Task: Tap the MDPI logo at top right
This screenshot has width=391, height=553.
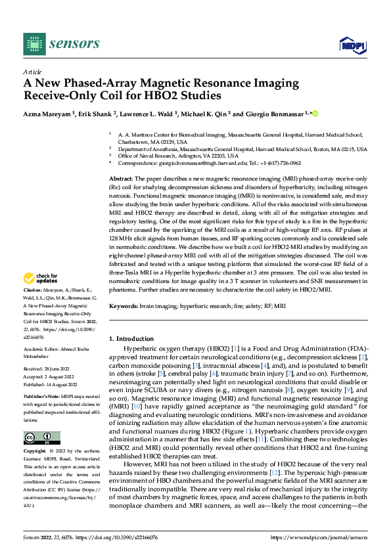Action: [x=352, y=45]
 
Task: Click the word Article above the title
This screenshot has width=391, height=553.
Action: [x=32, y=72]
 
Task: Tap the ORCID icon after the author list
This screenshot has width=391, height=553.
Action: [x=314, y=113]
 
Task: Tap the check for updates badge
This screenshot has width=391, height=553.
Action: [x=41, y=296]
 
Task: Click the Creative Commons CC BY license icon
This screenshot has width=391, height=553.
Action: [x=41, y=437]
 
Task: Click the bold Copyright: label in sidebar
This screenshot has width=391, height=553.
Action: [x=35, y=452]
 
